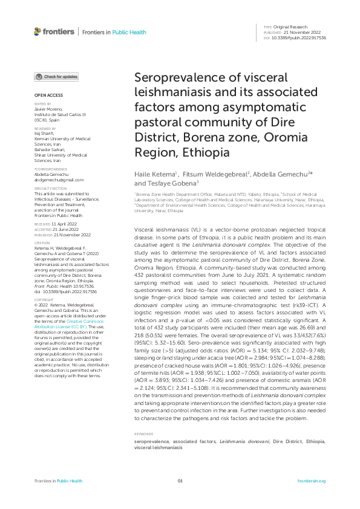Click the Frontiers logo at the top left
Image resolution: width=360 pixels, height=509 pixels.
pos(54,31)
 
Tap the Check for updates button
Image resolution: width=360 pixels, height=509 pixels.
pos(56,77)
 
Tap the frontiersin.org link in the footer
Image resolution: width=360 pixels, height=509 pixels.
pos(312,481)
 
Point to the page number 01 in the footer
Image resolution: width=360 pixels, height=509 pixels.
pos(180,481)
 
